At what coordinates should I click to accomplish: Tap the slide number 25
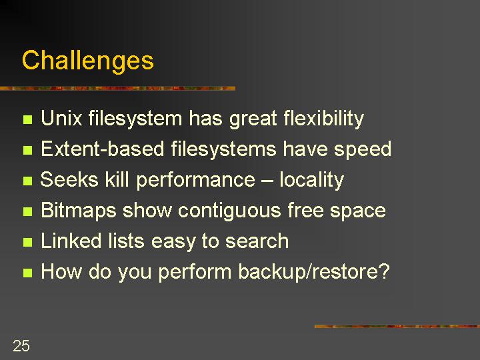tap(21, 346)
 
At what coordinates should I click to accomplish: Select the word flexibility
tap(323, 119)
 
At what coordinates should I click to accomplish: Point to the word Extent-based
tap(103, 149)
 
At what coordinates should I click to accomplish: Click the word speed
tap(363, 150)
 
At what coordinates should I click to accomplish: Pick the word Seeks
tap(69, 179)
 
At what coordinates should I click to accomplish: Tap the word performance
tap(195, 180)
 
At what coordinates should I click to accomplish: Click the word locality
tap(311, 180)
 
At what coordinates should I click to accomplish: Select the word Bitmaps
tap(79, 211)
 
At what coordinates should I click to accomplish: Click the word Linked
tap(71, 240)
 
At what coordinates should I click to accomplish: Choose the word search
tap(257, 241)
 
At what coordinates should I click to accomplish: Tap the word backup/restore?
tap(314, 272)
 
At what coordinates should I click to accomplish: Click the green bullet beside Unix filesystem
tap(27, 119)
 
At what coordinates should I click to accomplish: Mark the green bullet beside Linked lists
tap(27, 243)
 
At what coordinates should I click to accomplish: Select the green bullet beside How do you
tap(27, 273)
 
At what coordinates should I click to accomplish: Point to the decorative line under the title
tap(117, 89)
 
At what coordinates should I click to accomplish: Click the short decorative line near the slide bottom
tap(397, 326)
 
